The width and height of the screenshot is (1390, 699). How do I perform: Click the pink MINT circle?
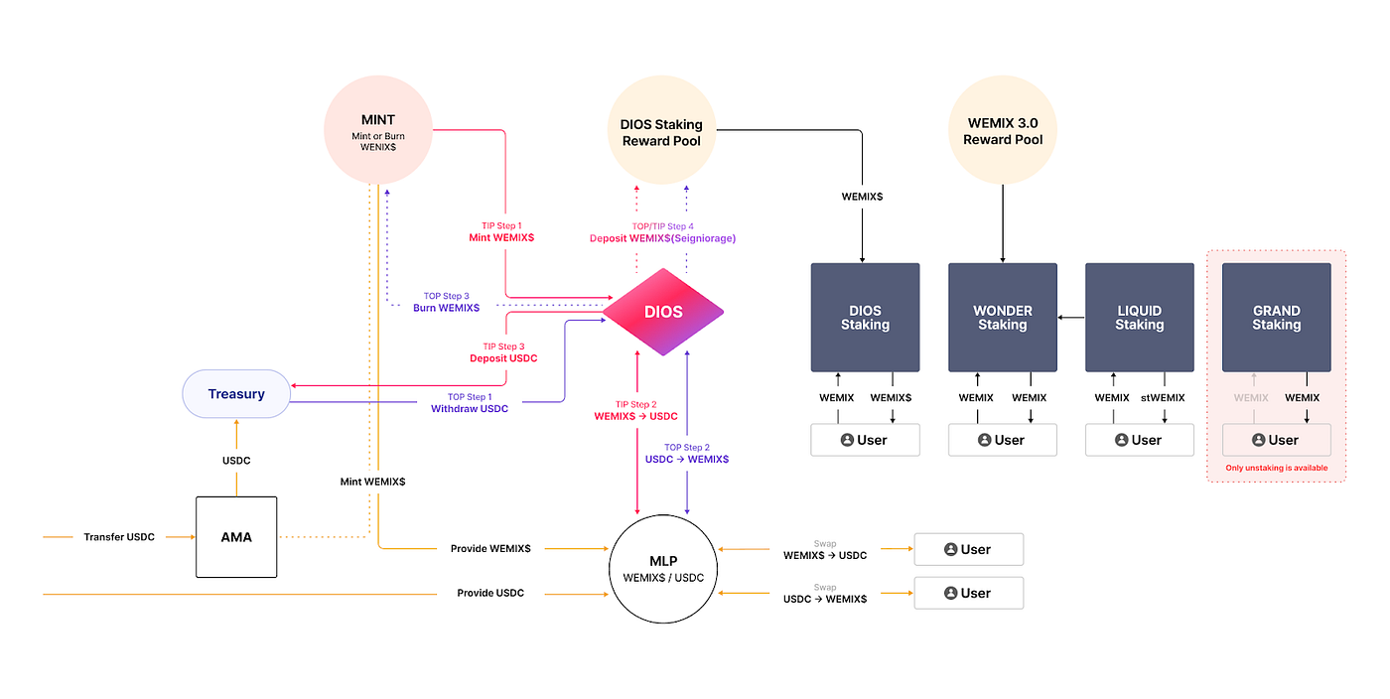click(378, 130)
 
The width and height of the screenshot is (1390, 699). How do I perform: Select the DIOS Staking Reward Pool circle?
click(661, 130)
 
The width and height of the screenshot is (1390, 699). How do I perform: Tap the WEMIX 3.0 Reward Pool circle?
click(1003, 130)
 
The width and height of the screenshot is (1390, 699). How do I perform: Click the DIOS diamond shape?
click(663, 312)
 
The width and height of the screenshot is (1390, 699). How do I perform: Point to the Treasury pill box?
click(236, 393)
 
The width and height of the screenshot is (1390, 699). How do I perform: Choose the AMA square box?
click(236, 537)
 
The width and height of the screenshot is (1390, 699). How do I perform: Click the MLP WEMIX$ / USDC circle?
click(663, 569)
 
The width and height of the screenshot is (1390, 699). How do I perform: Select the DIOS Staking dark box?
click(865, 317)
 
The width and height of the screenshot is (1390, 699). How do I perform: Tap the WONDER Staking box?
click(1003, 317)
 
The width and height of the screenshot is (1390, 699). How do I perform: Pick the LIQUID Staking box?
click(1140, 317)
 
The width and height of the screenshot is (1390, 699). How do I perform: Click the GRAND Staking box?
click(1277, 317)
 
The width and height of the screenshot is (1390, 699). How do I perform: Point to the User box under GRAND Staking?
click(1277, 440)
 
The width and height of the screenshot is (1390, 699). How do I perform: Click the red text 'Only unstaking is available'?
click(1277, 468)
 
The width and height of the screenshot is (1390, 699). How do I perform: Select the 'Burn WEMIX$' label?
click(446, 308)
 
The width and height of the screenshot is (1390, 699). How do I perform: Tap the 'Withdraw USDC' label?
click(470, 408)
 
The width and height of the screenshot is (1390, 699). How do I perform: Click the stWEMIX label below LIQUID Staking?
click(1163, 397)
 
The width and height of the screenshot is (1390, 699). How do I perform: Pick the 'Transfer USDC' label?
click(119, 537)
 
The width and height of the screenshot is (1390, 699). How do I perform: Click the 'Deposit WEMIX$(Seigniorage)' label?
click(663, 238)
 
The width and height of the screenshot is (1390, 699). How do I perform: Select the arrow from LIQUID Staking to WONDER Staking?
click(1071, 317)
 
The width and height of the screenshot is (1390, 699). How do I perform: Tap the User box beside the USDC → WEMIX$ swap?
click(969, 593)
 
